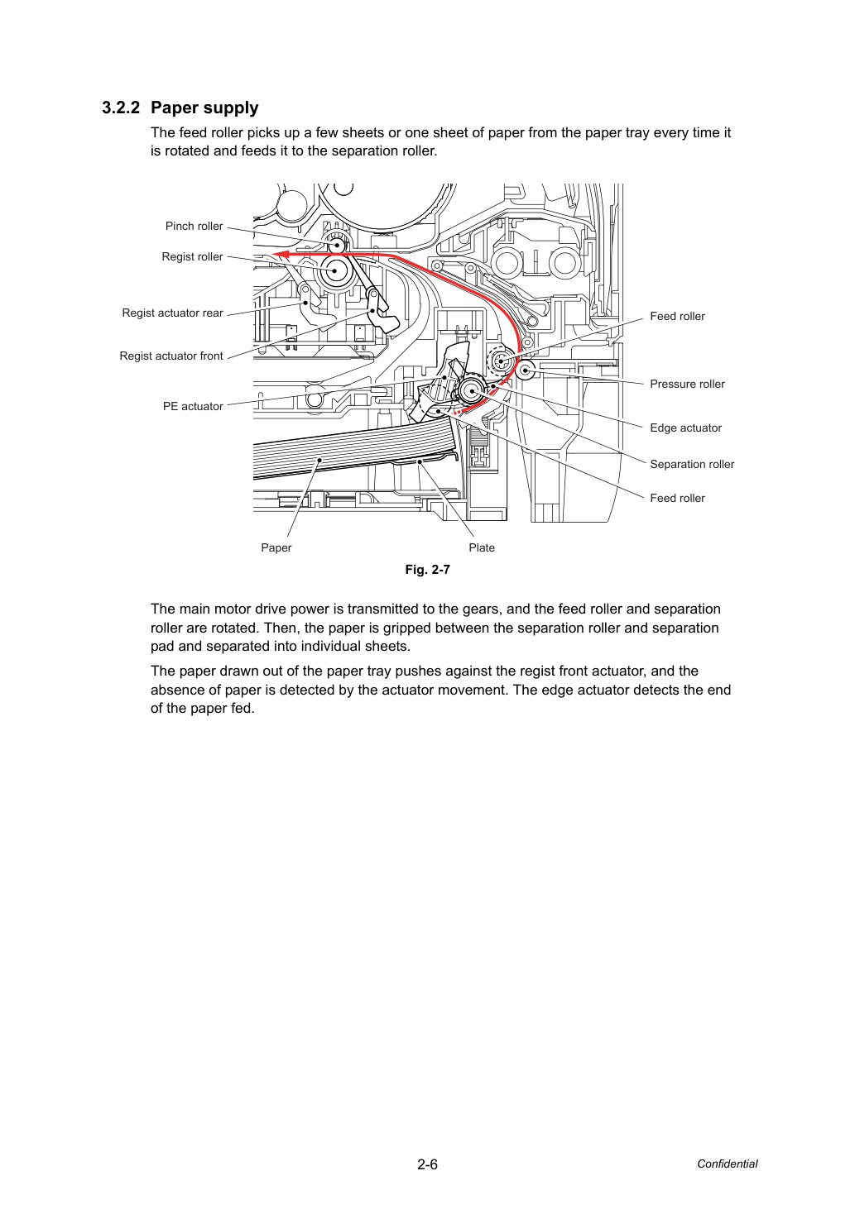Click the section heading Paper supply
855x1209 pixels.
pyautogui.click(x=204, y=108)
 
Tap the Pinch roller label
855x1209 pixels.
pyautogui.click(x=194, y=226)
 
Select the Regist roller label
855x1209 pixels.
pyautogui.click(x=192, y=257)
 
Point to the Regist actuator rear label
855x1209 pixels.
pyautogui.click(x=172, y=313)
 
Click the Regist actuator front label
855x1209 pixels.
pyautogui.click(x=171, y=356)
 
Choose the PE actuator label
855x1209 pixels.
pyautogui.click(x=193, y=406)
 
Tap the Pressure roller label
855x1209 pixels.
pyautogui.click(x=687, y=385)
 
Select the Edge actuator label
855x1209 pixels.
pyautogui.click(x=685, y=428)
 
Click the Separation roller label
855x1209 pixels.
pyautogui.click(x=692, y=464)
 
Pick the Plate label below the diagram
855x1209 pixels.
pyautogui.click(x=482, y=547)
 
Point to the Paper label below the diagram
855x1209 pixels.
pyautogui.click(x=276, y=547)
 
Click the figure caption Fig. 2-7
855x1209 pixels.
pyautogui.click(x=427, y=570)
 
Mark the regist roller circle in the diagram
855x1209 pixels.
pyautogui.click(x=335, y=270)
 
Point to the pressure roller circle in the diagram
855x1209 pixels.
pyautogui.click(x=525, y=370)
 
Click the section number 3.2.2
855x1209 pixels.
pyautogui.click(x=121, y=108)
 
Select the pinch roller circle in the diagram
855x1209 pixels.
pyautogui.click(x=337, y=246)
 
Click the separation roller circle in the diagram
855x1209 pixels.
pyautogui.click(x=472, y=391)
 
